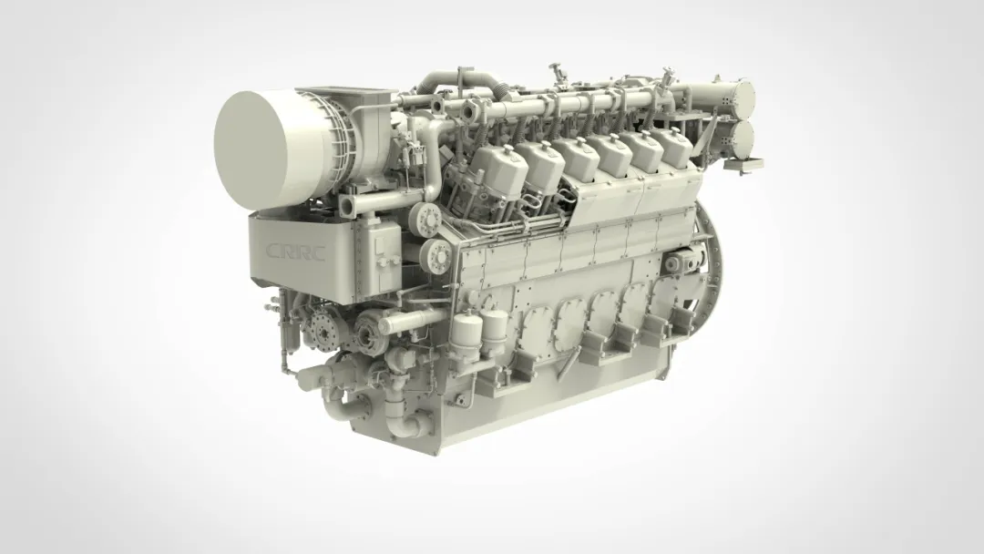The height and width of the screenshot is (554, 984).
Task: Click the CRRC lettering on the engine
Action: [x=295, y=251]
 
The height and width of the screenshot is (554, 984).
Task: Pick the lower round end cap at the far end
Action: [x=743, y=140]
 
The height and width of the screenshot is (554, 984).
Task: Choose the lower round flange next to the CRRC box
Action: [x=437, y=255]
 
